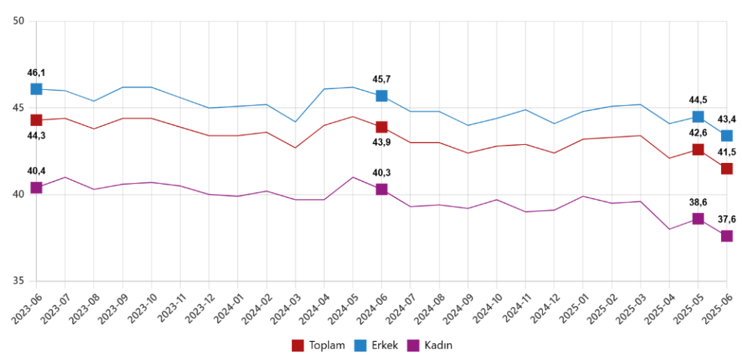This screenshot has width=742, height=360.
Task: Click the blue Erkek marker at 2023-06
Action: tap(36, 89)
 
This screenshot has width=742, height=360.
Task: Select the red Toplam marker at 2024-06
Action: tap(381, 127)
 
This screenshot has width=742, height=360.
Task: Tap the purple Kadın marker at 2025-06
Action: tap(726, 236)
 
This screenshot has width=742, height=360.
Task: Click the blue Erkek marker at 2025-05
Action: tap(698, 117)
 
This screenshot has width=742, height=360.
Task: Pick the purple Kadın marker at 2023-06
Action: tap(36, 188)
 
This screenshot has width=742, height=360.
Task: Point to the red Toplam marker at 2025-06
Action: tap(726, 169)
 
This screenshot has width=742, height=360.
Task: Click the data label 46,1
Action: tap(36, 72)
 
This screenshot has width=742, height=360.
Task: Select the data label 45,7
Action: tap(381, 79)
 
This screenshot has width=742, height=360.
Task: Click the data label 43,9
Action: tap(381, 143)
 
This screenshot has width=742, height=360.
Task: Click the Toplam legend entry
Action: tap(319, 345)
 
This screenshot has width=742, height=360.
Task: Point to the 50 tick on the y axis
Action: tap(20, 22)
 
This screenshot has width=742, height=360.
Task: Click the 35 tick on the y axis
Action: tap(20, 282)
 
